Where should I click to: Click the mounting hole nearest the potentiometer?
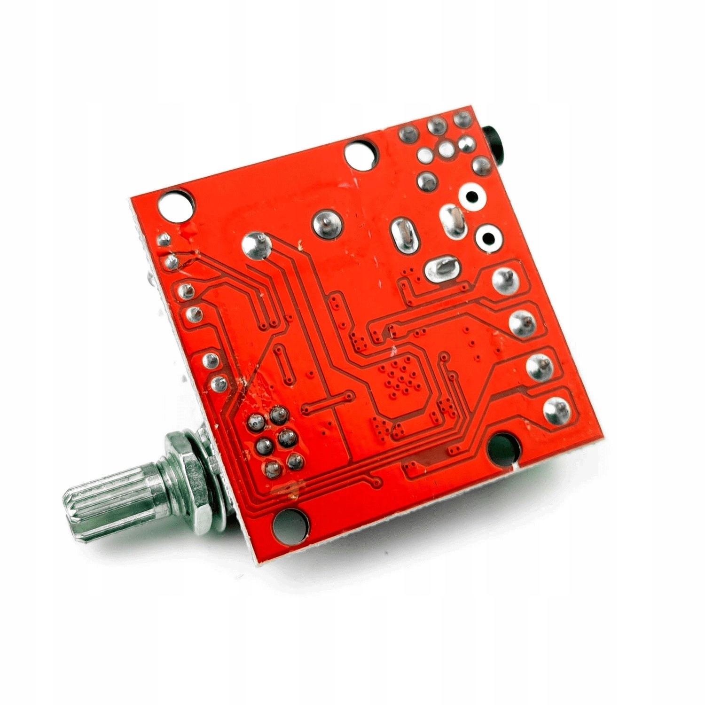click(291, 521)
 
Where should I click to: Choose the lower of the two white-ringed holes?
click(489, 238)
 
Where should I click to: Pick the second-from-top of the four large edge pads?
click(522, 322)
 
